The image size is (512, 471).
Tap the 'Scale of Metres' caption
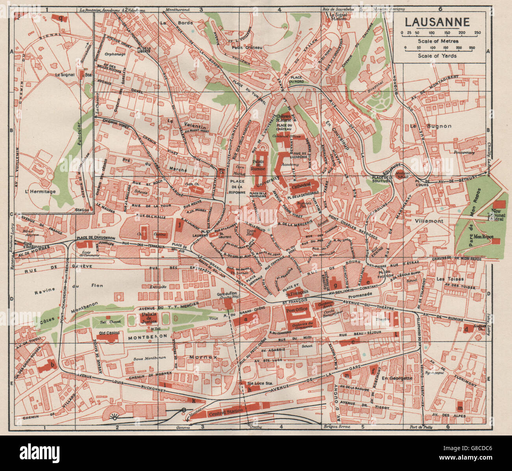pyautogui.click(x=438, y=41)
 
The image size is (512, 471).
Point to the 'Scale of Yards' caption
pyautogui.click(x=438, y=56)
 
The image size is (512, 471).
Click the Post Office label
pyautogui.click(x=297, y=309)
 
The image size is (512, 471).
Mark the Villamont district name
pyautogui.click(x=429, y=221)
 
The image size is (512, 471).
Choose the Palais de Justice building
pyautogui.click(x=146, y=318)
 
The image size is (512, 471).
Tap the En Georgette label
pyautogui.click(x=397, y=378)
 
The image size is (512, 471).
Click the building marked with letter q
pyautogui.click(x=60, y=18)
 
